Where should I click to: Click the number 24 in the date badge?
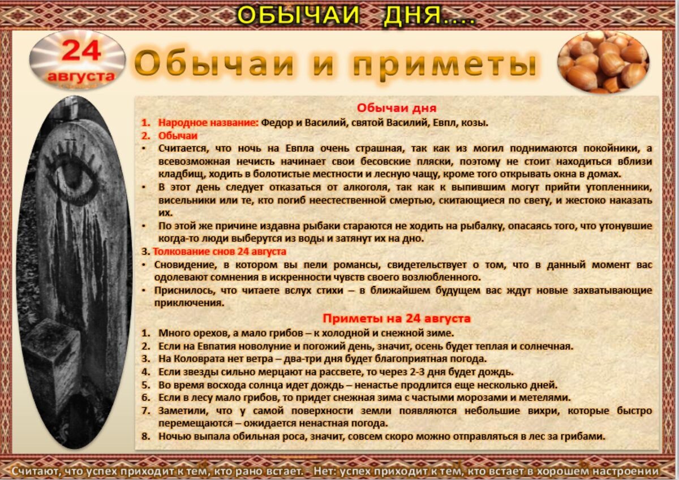[x=81, y=51]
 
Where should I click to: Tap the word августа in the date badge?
[x=81, y=75]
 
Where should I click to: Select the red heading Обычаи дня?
[x=397, y=108]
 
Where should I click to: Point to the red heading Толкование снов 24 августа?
[x=220, y=251]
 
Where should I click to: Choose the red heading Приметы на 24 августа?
[x=397, y=318]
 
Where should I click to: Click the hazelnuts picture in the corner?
[x=603, y=62]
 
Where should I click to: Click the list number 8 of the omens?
[x=145, y=436]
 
